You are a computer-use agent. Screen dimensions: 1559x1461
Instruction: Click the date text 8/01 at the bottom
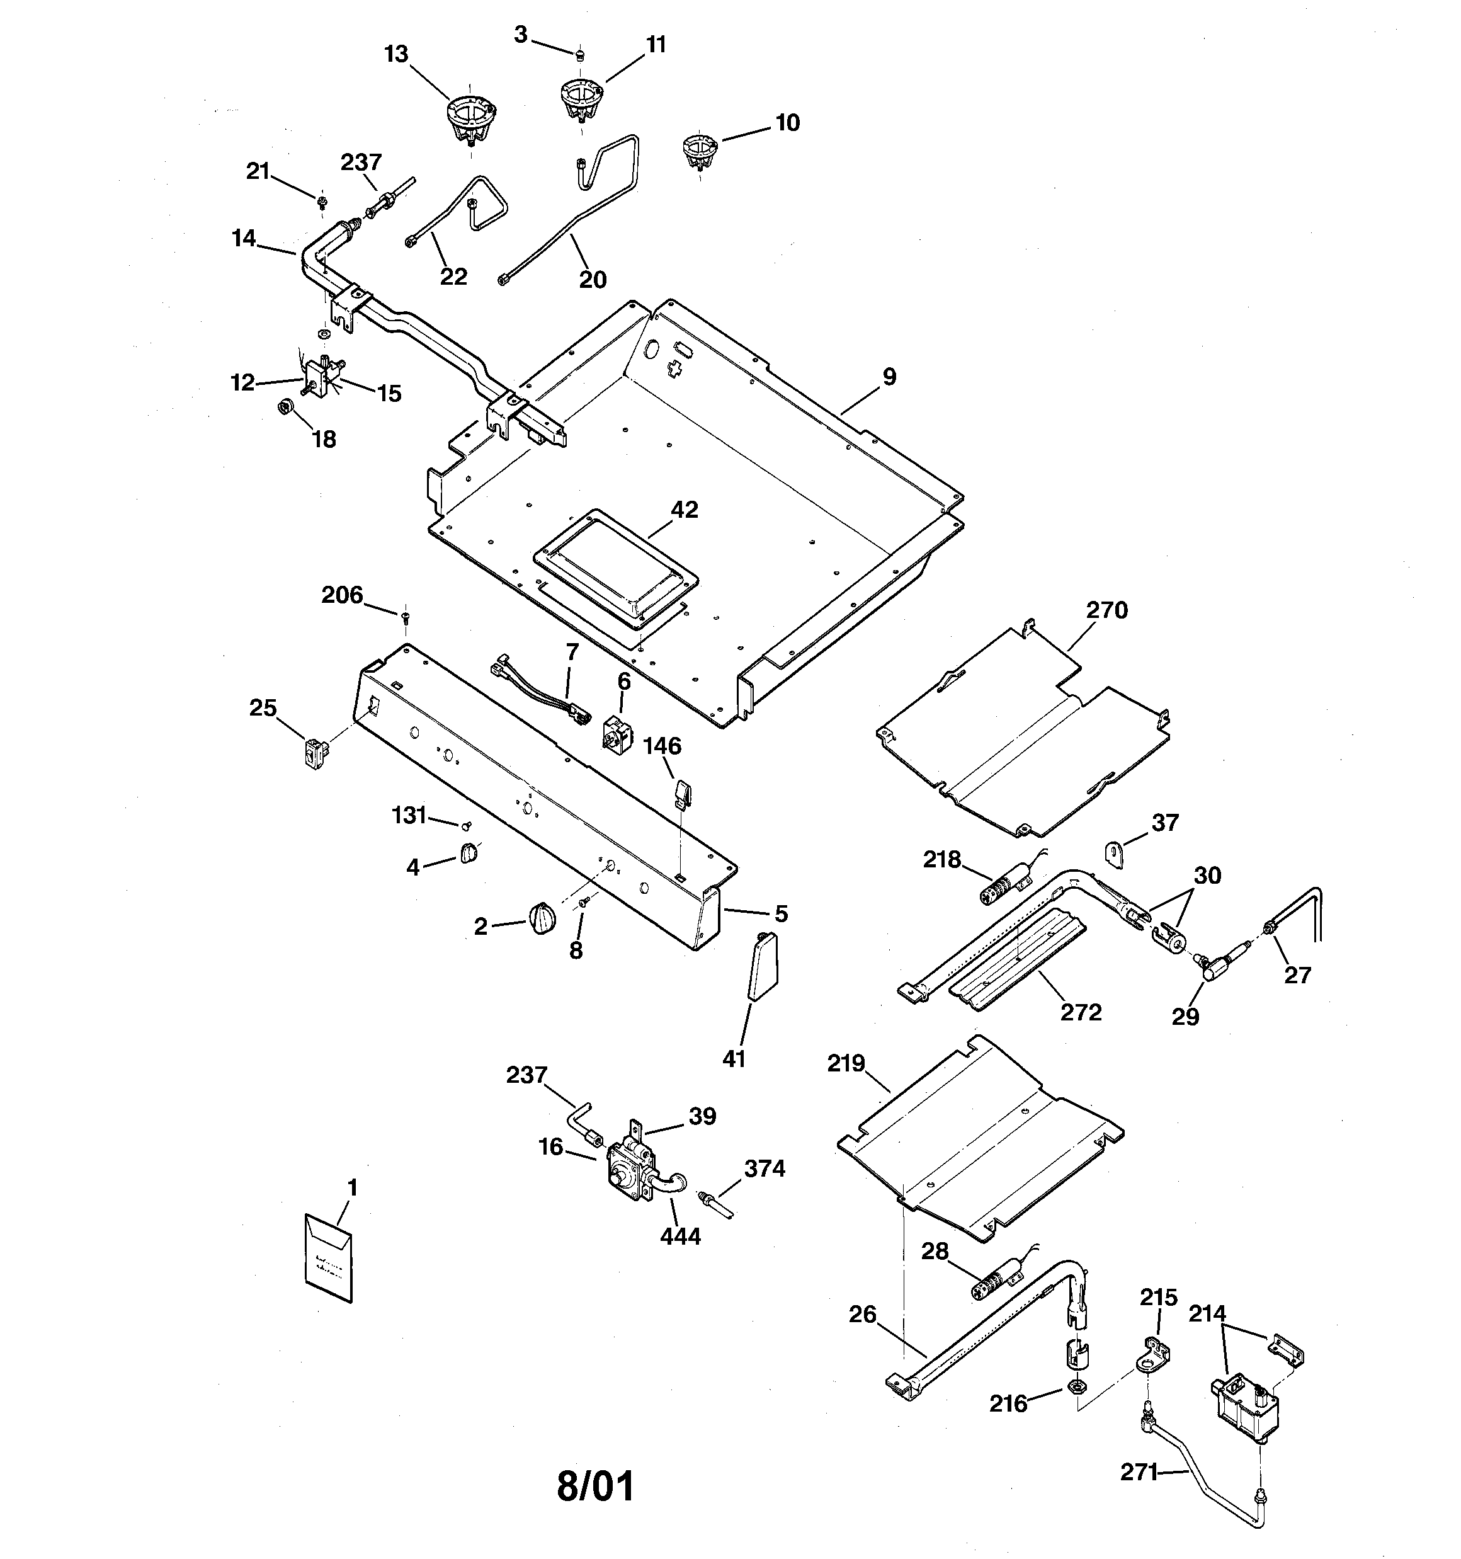(x=595, y=1485)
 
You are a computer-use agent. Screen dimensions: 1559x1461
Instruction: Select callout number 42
(x=684, y=510)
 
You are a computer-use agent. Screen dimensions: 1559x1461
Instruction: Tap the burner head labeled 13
(x=468, y=118)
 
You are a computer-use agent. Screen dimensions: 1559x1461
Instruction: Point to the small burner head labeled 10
(x=698, y=149)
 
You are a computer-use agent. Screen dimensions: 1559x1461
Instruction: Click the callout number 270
(x=1106, y=610)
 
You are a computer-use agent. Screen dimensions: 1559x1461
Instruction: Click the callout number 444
(x=680, y=1236)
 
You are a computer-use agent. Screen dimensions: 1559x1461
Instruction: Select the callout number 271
(x=1139, y=1473)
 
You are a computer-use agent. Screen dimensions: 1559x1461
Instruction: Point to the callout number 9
(x=889, y=377)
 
